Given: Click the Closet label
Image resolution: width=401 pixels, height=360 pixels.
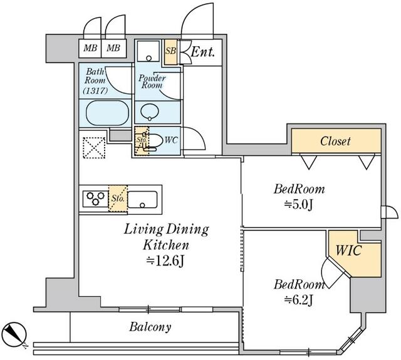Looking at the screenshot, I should [x=336, y=141].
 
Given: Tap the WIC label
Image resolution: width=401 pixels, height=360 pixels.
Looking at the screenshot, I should [x=349, y=249].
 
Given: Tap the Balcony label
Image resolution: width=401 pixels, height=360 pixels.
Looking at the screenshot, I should [x=150, y=327].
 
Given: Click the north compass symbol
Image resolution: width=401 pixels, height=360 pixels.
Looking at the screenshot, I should [x=14, y=332].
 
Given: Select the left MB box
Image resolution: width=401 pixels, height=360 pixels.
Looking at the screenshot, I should [x=90, y=48].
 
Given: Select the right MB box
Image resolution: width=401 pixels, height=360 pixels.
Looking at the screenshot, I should [x=113, y=48].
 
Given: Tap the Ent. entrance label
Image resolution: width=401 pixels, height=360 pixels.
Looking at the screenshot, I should [x=203, y=52].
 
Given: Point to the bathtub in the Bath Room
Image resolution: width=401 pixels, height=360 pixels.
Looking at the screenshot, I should [x=107, y=113].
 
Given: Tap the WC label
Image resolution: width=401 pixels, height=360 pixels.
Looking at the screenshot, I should [x=171, y=140].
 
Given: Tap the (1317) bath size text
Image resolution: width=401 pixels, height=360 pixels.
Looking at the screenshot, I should [x=95, y=90].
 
